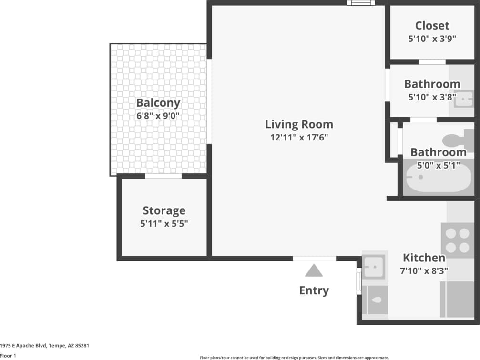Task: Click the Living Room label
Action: [x=299, y=125]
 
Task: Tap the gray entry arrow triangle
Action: [x=314, y=271]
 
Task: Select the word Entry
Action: [x=314, y=290]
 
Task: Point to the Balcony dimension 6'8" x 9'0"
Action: [x=158, y=116]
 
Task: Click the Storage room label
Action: [x=164, y=210]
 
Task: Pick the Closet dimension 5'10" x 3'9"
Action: [x=432, y=39]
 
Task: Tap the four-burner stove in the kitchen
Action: [x=458, y=240]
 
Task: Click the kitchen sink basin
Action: [x=373, y=267]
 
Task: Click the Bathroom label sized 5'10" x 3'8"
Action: [x=432, y=84]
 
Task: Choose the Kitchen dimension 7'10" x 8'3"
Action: [x=424, y=271]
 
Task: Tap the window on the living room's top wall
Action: [x=361, y=3]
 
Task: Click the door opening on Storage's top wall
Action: [x=163, y=176]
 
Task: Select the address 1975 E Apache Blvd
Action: [x=45, y=346]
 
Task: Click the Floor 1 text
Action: [x=8, y=355]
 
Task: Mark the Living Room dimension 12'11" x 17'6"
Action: [x=299, y=138]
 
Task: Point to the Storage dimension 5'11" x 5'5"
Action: [x=164, y=223]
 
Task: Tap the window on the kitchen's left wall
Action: [x=359, y=281]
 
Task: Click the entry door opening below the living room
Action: [x=314, y=259]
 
